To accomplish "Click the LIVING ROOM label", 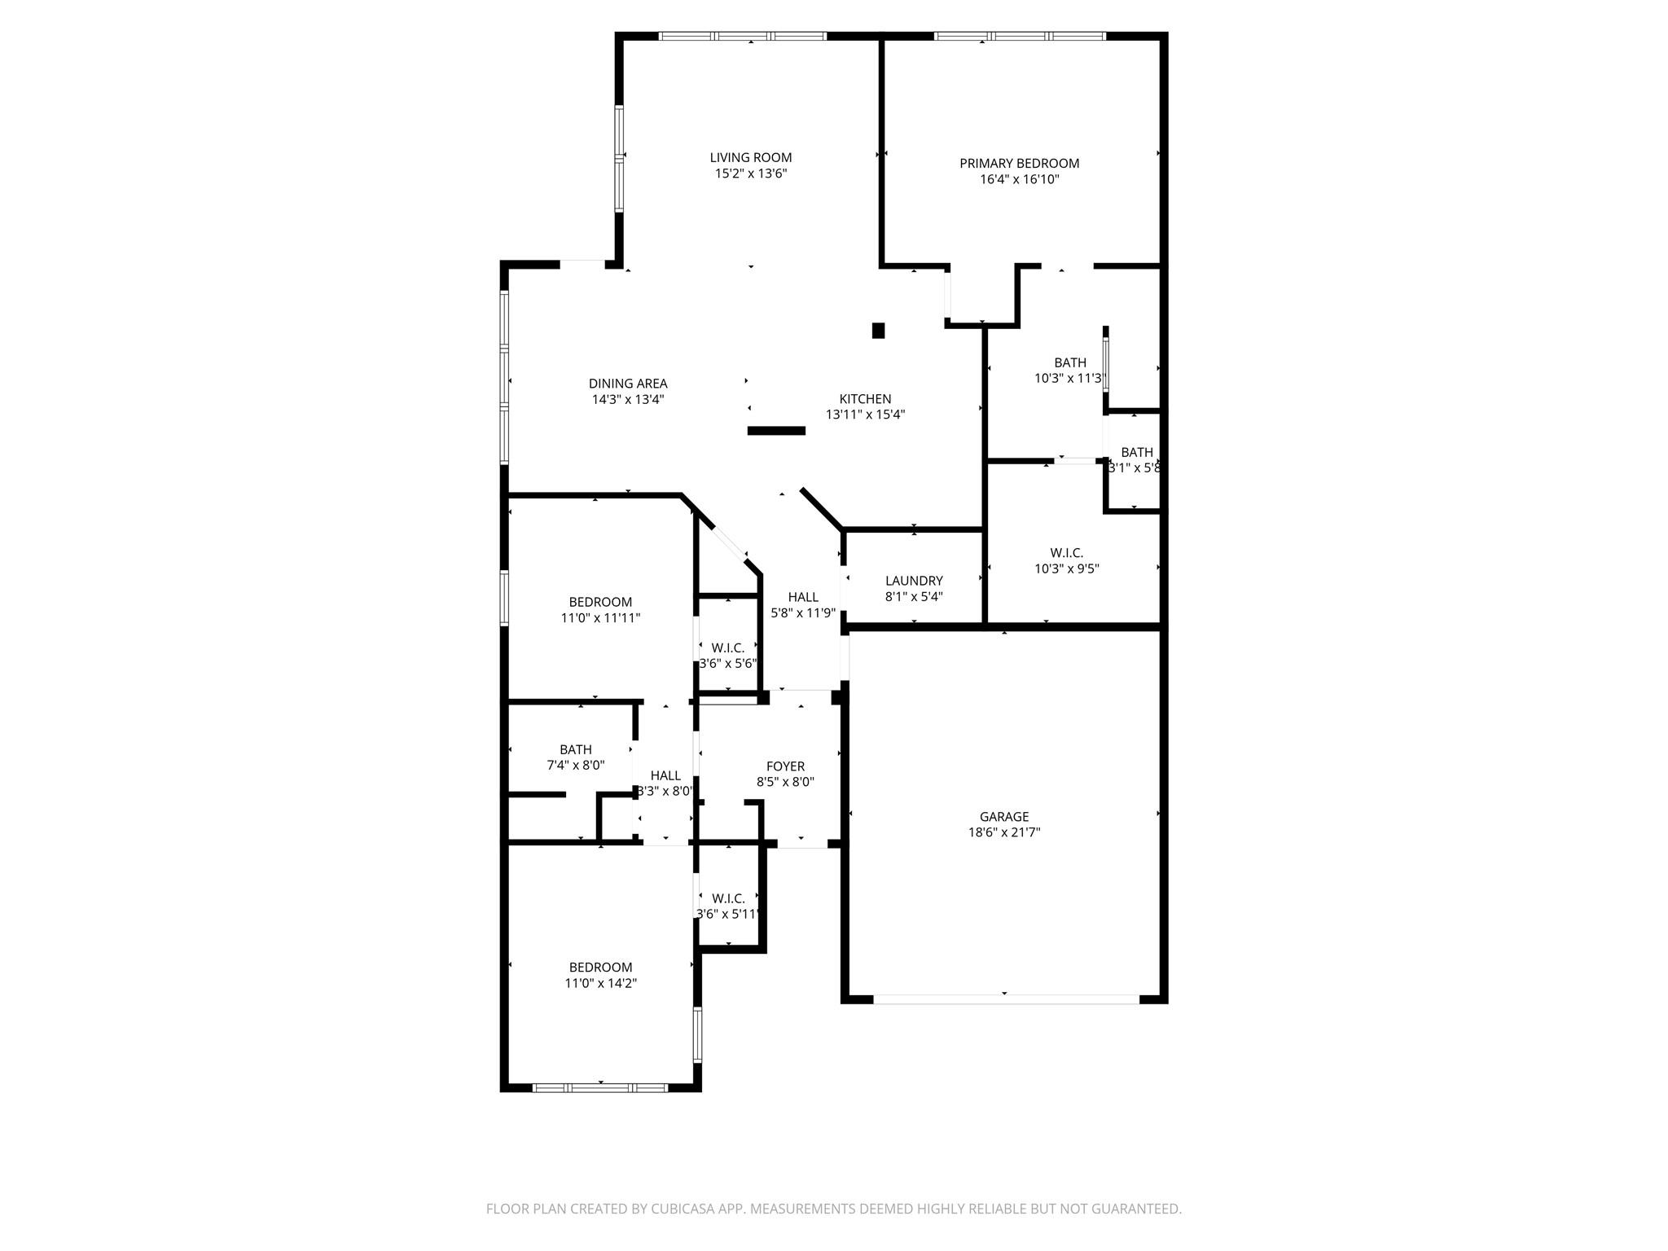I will pos(750,157).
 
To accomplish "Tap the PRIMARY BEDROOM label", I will pos(1019,163).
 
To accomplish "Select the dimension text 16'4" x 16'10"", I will pos(1019,179).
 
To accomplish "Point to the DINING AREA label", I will pos(628,384).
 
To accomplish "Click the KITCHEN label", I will pos(865,399).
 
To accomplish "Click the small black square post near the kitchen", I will pos(878,331).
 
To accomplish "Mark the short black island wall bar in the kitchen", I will pos(776,431).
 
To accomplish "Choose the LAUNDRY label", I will pos(914,581).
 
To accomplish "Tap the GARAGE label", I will pos(1003,816).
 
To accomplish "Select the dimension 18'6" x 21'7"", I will pos(1003,832).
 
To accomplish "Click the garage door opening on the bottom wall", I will pos(1005,999).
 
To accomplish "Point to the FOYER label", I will pos(785,766).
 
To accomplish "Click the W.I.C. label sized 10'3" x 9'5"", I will pos(1066,553).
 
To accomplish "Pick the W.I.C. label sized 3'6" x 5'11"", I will pos(728,898).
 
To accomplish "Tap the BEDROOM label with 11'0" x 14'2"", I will pos(600,968).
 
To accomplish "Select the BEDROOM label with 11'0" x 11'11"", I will pos(600,603).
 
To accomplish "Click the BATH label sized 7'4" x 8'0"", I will pos(575,749).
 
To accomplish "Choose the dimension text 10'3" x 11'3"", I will pos(1069,379).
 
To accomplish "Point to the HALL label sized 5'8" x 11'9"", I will pos(803,597).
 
